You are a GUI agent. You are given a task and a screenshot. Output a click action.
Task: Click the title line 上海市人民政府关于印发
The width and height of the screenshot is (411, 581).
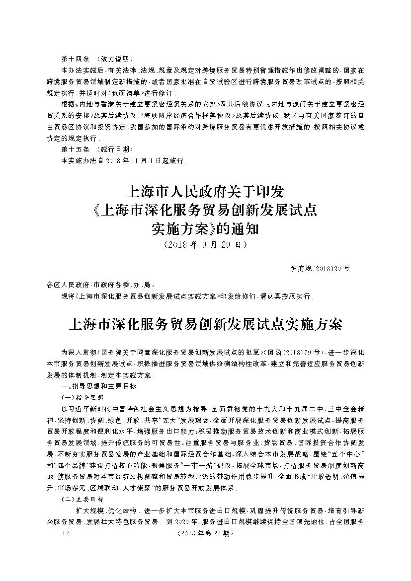(x=205, y=192)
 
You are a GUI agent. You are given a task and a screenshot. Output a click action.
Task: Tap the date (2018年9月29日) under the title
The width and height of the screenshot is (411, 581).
(x=205, y=245)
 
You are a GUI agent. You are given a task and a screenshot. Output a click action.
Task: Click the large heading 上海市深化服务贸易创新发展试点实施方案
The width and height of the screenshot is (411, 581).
(x=205, y=325)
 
